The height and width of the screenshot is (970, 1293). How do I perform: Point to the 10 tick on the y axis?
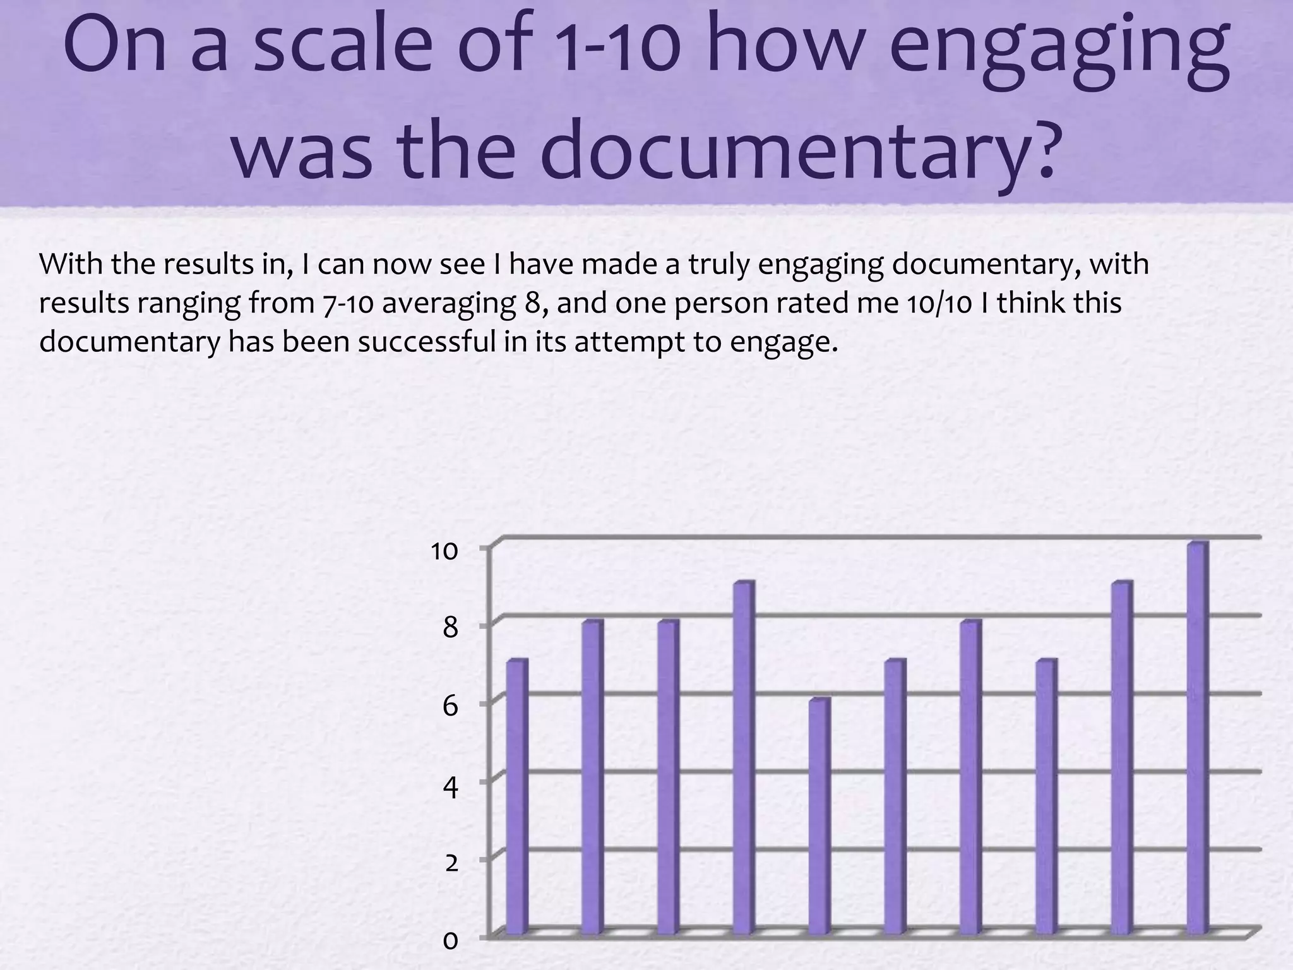pyautogui.click(x=444, y=551)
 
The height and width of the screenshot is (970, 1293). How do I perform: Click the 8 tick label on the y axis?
pyautogui.click(x=450, y=628)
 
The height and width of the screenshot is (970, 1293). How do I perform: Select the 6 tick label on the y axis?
pyautogui.click(x=450, y=706)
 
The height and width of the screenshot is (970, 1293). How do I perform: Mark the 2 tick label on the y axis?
pyautogui.click(x=451, y=863)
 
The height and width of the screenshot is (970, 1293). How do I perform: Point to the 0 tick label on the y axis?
pyautogui.click(x=450, y=941)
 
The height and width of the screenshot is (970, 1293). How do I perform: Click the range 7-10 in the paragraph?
pyautogui.click(x=348, y=303)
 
